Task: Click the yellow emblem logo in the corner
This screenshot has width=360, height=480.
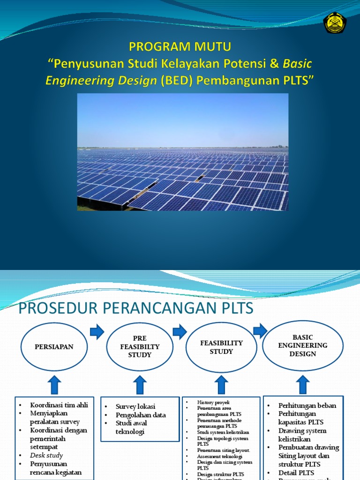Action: tap(335, 23)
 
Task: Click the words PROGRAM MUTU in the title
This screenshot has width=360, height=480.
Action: tap(180, 47)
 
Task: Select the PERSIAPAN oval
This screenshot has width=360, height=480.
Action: tap(54, 346)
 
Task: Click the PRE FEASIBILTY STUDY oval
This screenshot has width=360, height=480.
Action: tap(140, 347)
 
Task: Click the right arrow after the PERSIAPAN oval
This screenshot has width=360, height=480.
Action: tap(97, 332)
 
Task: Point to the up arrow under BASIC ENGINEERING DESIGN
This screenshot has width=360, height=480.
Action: tap(303, 384)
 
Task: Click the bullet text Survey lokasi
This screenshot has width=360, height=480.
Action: tap(135, 406)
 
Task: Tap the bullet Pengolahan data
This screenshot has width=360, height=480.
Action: tap(141, 415)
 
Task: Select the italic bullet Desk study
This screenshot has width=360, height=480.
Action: tap(46, 455)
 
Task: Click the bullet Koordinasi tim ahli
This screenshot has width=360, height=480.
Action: tap(59, 405)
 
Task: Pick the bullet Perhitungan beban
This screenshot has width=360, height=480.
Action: tap(307, 405)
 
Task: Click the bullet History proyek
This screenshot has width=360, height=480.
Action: tap(213, 402)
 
